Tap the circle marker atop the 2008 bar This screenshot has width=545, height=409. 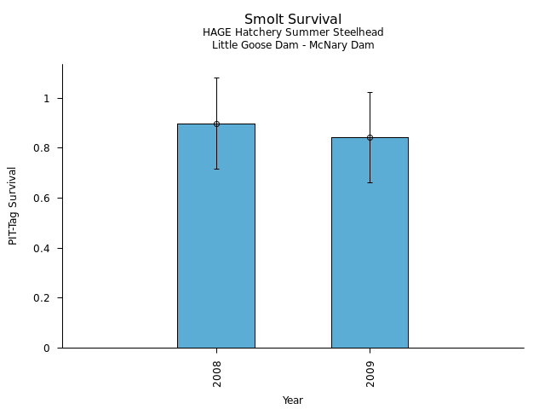(x=216, y=124)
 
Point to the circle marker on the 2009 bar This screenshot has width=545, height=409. (x=370, y=137)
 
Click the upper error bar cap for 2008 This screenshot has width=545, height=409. (x=216, y=78)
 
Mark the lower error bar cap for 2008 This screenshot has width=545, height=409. (x=216, y=169)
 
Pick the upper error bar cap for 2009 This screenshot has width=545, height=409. (x=370, y=92)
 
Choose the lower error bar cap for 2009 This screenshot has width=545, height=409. (x=370, y=182)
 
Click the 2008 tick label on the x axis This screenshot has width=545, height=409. (x=217, y=373)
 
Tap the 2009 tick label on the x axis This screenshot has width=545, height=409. (x=370, y=373)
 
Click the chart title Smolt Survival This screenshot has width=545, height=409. (x=293, y=19)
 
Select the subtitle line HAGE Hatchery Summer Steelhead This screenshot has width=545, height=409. (x=293, y=32)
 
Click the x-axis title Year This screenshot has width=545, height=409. (x=293, y=400)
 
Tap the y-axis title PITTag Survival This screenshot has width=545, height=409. (x=14, y=205)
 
